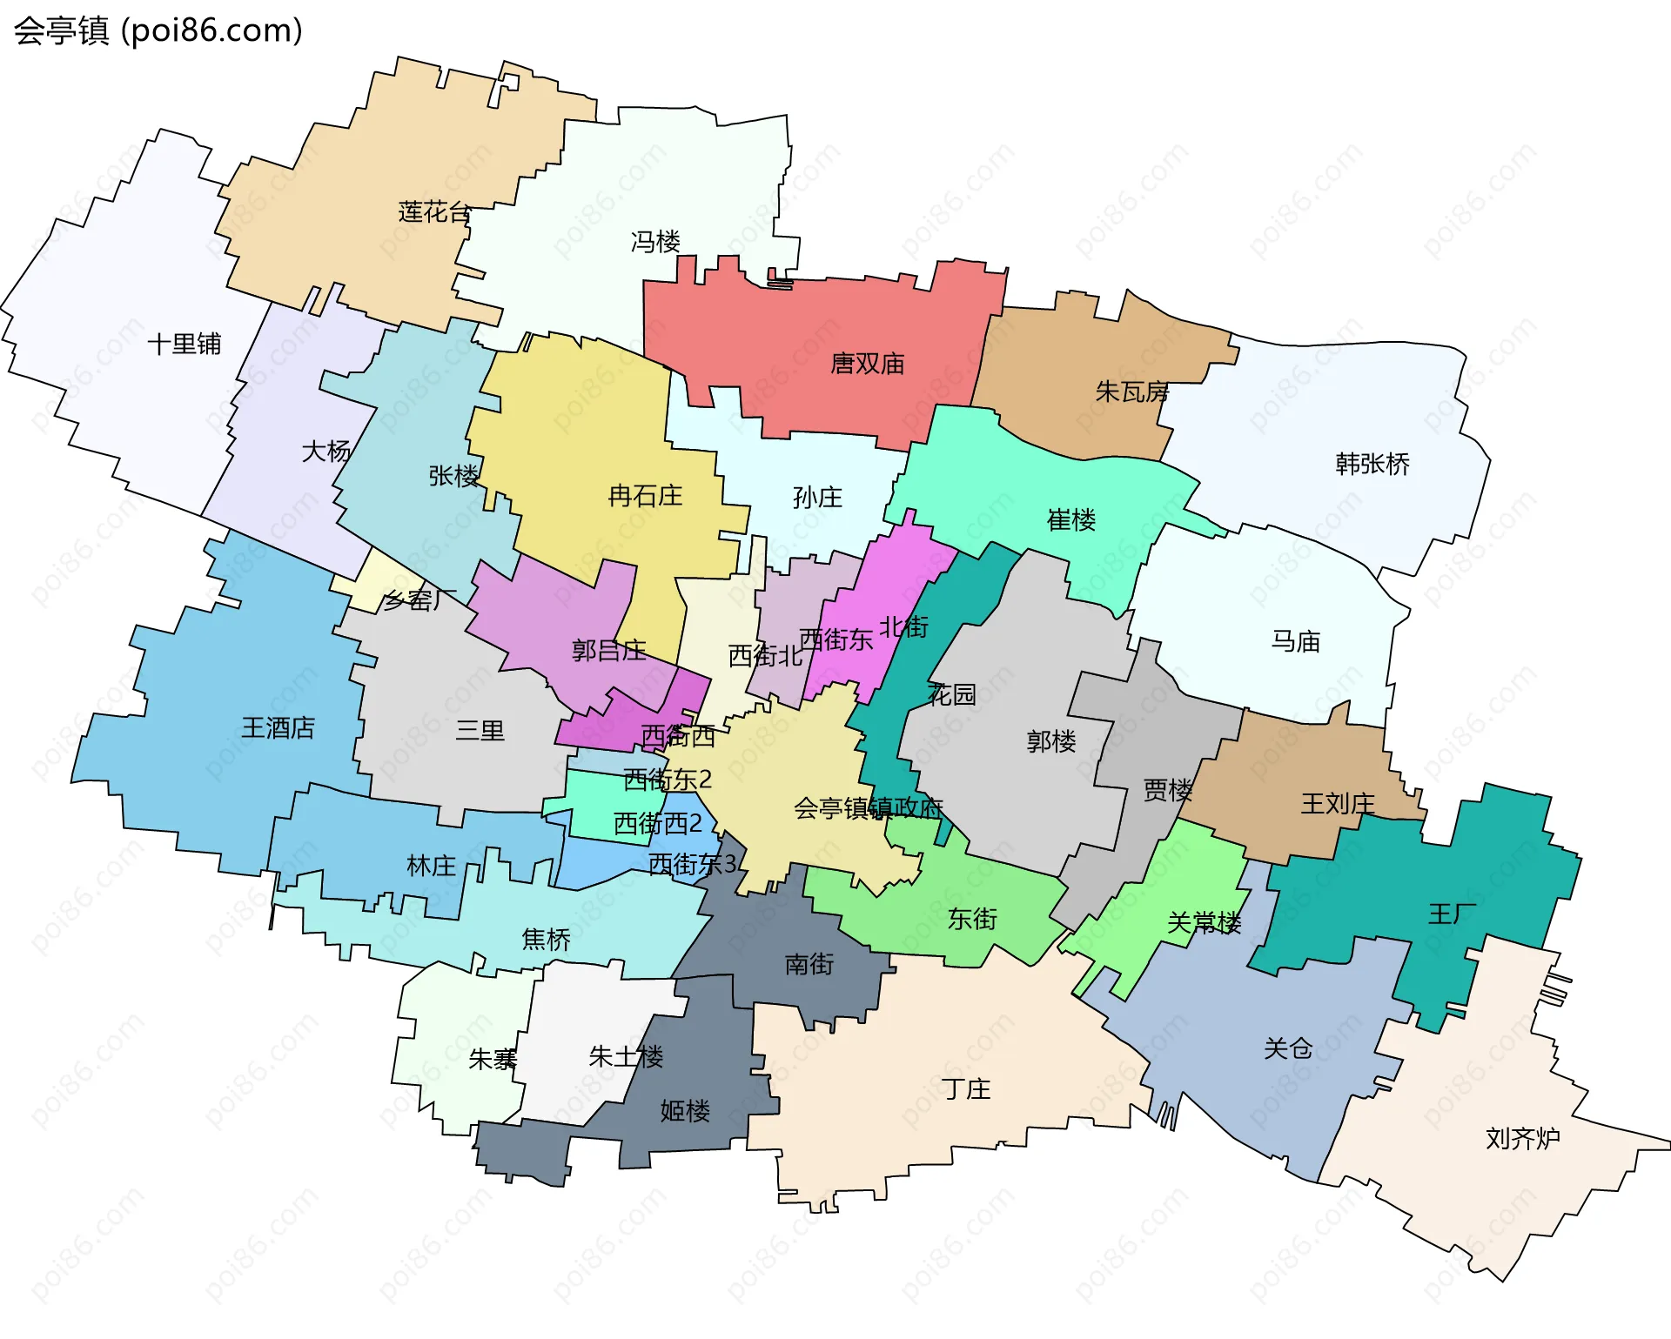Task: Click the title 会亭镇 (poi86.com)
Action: point(158,30)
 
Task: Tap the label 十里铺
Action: point(185,344)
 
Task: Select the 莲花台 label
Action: point(434,211)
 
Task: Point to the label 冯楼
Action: point(655,241)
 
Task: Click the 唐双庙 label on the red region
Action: point(867,363)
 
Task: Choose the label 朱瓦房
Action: point(1131,392)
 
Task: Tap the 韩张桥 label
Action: point(1372,463)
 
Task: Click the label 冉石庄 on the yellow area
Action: point(645,496)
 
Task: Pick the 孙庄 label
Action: point(817,497)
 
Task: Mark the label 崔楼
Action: point(1070,519)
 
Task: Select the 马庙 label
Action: point(1295,641)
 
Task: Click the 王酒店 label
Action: point(278,727)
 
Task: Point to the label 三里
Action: point(480,730)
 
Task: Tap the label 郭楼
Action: point(1051,741)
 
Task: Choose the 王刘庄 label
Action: point(1337,803)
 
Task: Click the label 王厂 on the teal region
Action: point(1452,914)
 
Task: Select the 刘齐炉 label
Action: point(1522,1138)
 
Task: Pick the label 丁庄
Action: point(966,1088)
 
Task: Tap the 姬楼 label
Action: point(685,1110)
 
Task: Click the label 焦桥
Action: point(546,939)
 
